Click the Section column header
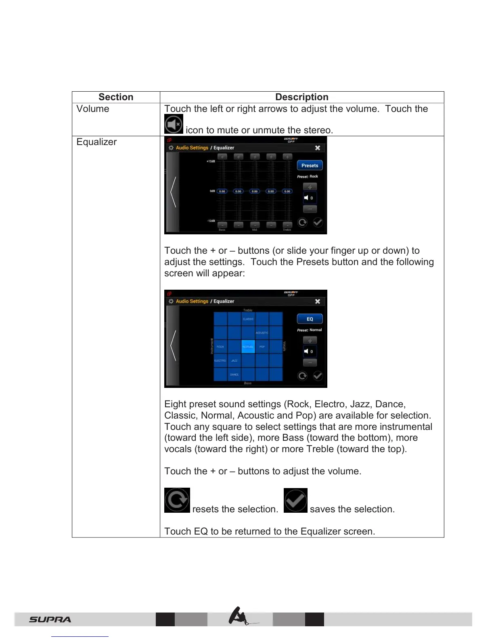click(116, 97)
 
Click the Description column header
click(301, 97)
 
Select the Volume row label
click(93, 109)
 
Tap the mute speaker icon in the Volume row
click(174, 124)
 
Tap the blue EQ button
click(310, 319)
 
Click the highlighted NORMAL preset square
click(248, 347)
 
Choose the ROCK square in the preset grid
click(220, 347)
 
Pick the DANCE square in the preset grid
click(234, 375)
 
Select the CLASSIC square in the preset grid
click(248, 319)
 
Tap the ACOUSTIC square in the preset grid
click(262, 333)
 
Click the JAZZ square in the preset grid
click(234, 360)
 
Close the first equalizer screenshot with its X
click(318, 148)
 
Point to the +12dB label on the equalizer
click(211, 161)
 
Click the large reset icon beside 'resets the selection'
click(177, 500)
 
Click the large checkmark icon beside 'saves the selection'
click(295, 500)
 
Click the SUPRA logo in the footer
click(50, 619)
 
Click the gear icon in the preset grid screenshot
click(171, 301)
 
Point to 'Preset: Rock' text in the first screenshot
click(308, 177)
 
